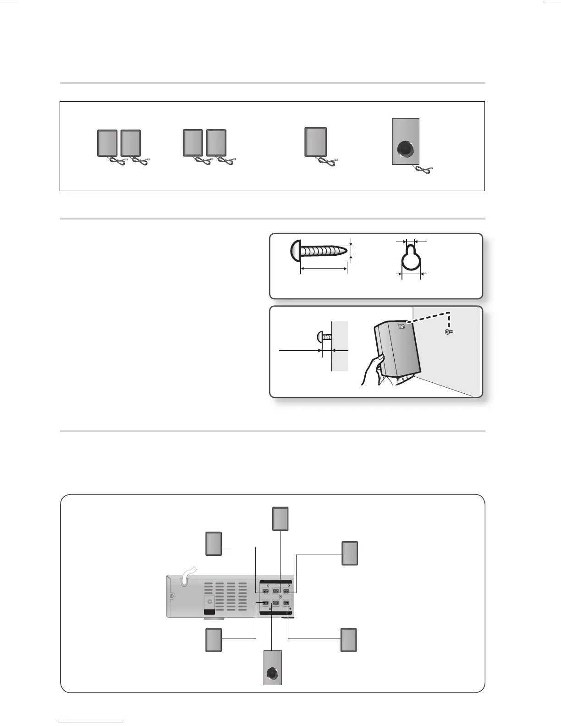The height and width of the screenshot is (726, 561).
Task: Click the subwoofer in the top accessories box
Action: [x=406, y=142]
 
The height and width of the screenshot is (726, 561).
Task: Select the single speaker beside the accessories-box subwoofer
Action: [x=316, y=142]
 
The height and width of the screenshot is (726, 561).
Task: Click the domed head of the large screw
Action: [x=296, y=251]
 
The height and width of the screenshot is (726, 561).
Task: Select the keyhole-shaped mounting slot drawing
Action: [x=411, y=258]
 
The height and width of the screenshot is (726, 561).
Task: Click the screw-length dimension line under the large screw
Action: [x=324, y=269]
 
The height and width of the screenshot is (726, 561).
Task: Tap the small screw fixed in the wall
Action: [x=449, y=331]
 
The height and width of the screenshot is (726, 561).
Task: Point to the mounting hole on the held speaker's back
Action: [x=402, y=326]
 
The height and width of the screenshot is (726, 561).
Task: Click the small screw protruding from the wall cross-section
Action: [x=323, y=337]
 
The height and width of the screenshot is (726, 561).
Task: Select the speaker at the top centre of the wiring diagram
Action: [x=280, y=519]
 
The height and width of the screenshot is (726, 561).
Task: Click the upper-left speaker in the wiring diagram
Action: [x=214, y=544]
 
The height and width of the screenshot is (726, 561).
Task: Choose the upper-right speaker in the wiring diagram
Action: [x=350, y=553]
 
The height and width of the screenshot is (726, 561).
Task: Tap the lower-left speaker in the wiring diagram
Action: [x=214, y=640]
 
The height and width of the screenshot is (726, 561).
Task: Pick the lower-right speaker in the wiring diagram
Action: [x=349, y=640]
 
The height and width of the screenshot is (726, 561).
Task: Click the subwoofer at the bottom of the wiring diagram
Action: [x=273, y=668]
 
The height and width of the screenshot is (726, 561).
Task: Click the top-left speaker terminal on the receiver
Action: [x=265, y=591]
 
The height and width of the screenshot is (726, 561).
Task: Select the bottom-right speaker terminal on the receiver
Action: [x=286, y=604]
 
